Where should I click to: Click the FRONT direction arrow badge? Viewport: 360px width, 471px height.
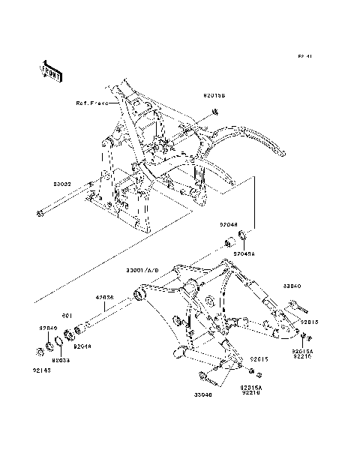(x=51, y=70)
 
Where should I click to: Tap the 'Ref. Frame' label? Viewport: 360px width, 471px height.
(x=91, y=103)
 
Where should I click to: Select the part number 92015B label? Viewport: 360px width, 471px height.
(x=214, y=96)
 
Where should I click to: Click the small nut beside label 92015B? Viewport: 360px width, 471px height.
(x=215, y=112)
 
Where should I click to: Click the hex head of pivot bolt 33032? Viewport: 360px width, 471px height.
(x=38, y=217)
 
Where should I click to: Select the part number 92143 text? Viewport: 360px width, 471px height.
(x=41, y=370)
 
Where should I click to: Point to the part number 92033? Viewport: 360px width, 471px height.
(x=61, y=360)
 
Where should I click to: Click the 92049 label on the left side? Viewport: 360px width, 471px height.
(x=48, y=328)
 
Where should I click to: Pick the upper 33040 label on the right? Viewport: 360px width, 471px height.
(x=292, y=286)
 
